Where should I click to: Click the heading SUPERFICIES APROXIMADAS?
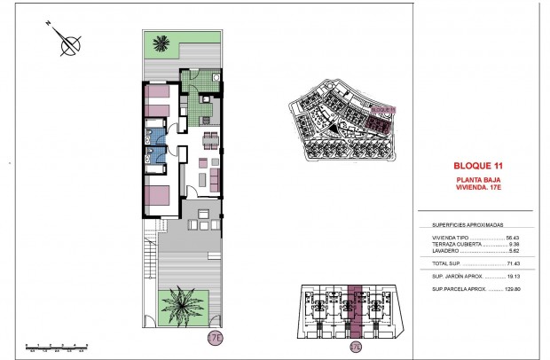464,225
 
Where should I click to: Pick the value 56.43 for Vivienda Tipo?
512,238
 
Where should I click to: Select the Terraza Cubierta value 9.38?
514,244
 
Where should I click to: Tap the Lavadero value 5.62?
514,251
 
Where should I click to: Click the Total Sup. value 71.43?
512,264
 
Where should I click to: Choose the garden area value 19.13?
512,277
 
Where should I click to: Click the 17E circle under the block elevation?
356,346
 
